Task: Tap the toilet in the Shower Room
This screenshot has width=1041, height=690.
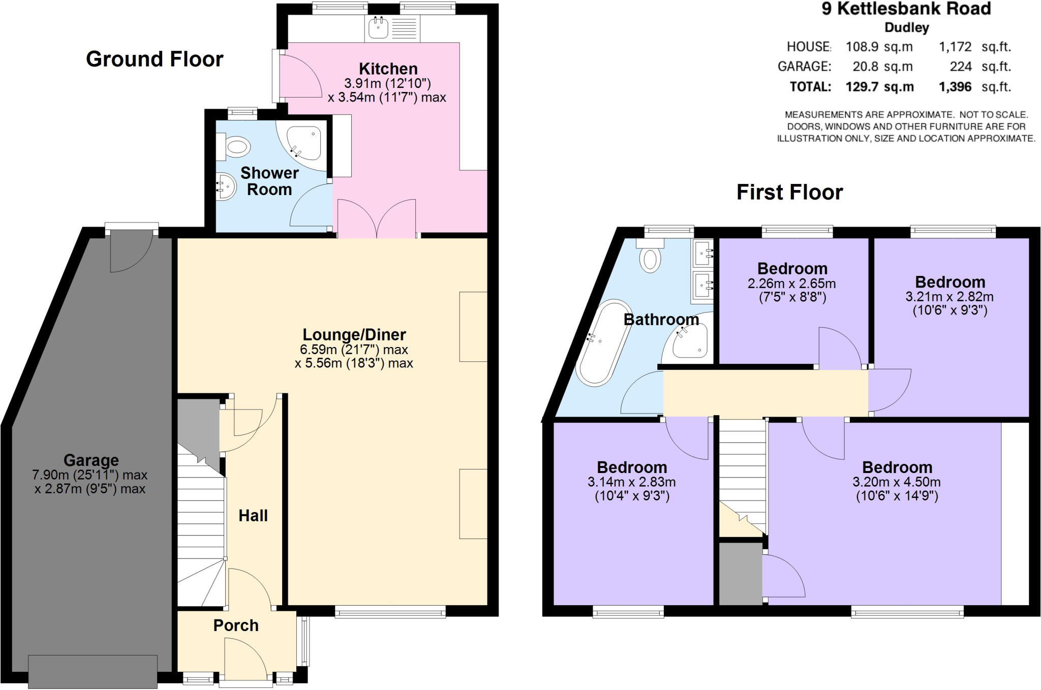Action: pos(235,147)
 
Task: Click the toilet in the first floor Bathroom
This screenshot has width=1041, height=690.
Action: pos(650,256)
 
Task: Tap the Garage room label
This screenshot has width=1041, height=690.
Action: pos(91,460)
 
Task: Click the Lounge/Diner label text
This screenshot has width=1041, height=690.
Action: pos(354,335)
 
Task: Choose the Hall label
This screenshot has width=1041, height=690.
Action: pos(253,516)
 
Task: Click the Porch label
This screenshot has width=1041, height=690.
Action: pos(236,625)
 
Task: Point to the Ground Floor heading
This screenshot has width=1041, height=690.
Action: pos(155,59)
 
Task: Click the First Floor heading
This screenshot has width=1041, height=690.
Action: pos(789,193)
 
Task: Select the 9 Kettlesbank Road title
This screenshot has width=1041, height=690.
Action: pos(906,9)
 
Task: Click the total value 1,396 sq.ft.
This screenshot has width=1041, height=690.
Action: pos(955,87)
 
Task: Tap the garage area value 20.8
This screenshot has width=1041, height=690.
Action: pos(866,67)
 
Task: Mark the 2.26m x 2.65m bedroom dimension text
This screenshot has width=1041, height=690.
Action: pos(791,284)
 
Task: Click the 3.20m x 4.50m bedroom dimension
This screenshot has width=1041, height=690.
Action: pos(896,482)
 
